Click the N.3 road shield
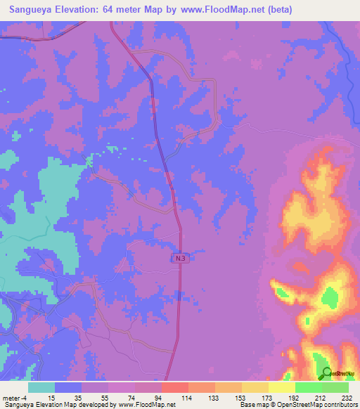pyautogui.click(x=181, y=259)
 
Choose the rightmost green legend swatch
pyautogui.click(x=335, y=387)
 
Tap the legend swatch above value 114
pyautogui.click(x=174, y=387)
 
